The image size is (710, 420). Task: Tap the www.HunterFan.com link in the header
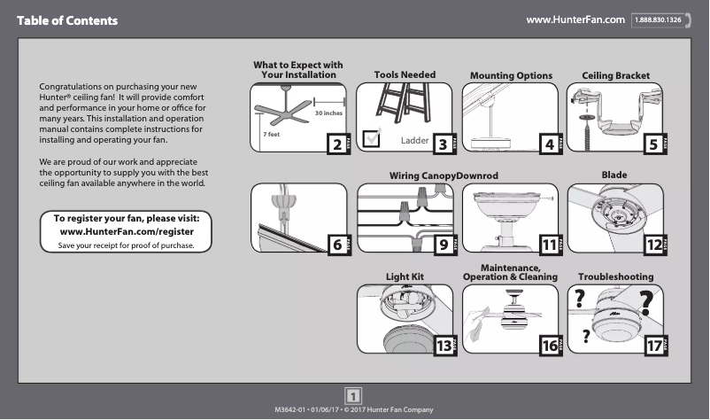click(575, 19)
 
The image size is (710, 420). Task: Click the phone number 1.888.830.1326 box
click(661, 19)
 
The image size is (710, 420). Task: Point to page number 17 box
click(656, 346)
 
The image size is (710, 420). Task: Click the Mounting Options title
click(511, 76)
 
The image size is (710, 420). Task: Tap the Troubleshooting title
click(616, 277)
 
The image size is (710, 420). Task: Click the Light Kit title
click(405, 277)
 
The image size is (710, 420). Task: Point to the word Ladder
click(414, 141)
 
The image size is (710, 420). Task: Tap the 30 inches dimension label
click(328, 113)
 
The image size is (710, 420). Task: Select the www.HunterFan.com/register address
click(127, 231)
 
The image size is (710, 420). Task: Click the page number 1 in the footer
click(354, 395)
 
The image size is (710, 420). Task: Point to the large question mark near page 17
click(647, 303)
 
